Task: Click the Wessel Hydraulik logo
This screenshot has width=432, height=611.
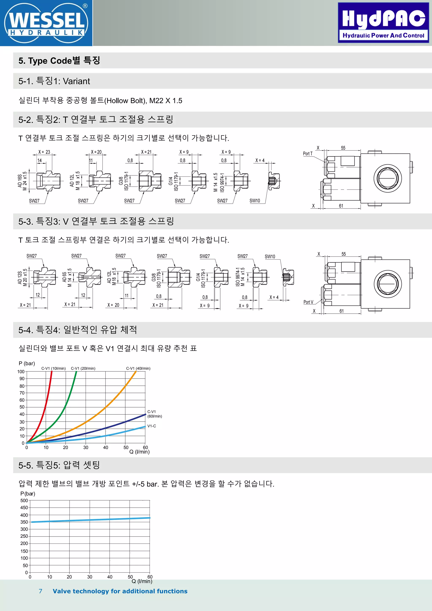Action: tap(46, 23)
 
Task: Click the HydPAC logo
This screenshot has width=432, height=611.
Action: tap(383, 23)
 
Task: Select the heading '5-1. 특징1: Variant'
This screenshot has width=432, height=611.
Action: tap(54, 81)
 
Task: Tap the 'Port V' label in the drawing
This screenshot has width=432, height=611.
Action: tap(308, 302)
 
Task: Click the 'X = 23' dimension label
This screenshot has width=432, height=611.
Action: tap(44, 152)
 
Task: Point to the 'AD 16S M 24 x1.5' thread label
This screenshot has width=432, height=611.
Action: tap(22, 181)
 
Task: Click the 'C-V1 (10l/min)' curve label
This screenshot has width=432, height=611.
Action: tap(53, 368)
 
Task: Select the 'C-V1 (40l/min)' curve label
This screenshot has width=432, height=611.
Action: tap(138, 368)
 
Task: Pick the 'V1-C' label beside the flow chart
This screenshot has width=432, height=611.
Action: tap(152, 426)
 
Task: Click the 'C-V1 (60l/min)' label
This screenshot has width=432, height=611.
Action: tap(154, 414)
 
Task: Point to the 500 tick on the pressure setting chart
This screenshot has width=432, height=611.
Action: tap(24, 500)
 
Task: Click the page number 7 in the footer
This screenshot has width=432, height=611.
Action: tap(40, 591)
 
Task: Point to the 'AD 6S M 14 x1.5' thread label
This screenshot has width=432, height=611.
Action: tap(67, 277)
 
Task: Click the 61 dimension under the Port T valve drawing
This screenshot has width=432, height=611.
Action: tap(341, 206)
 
